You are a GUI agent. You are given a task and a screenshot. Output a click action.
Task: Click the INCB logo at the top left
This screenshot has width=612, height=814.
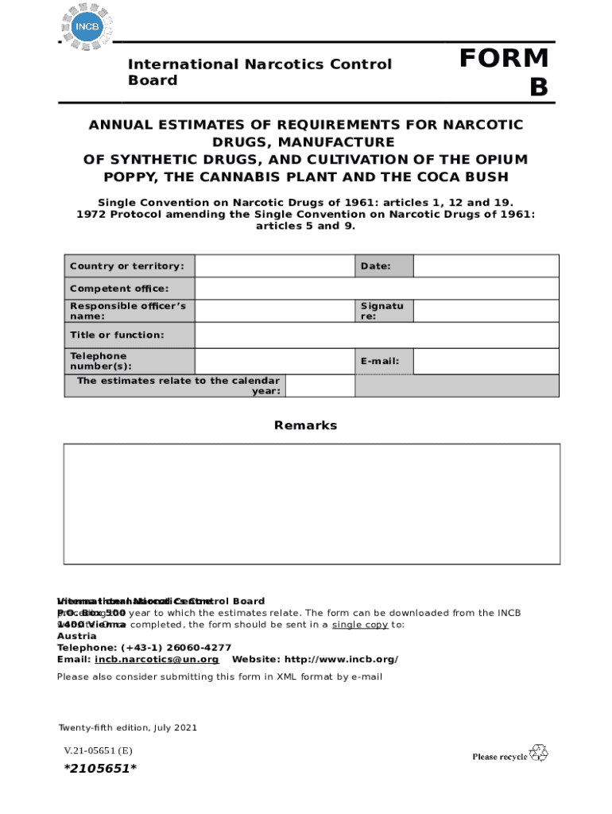(87, 26)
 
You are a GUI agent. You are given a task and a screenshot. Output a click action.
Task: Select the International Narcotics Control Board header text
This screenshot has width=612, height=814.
(261, 72)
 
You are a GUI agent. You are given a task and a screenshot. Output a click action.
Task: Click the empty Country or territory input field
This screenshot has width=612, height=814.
(274, 266)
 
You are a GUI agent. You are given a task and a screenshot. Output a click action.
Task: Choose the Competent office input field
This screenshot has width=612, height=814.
(377, 289)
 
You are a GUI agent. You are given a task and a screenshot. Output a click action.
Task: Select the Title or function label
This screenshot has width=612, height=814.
(117, 335)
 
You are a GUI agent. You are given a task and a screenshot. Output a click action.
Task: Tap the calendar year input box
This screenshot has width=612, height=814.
(320, 386)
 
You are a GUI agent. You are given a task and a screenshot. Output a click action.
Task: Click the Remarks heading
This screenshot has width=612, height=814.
(305, 425)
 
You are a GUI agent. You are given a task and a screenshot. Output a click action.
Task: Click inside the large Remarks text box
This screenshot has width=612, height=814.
(312, 503)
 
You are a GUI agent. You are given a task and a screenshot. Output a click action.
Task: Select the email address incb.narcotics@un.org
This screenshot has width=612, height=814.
(157, 660)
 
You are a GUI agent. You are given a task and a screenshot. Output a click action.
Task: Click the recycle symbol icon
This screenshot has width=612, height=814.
(539, 752)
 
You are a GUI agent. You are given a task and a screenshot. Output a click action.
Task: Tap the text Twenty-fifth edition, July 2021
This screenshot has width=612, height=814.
(127, 727)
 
